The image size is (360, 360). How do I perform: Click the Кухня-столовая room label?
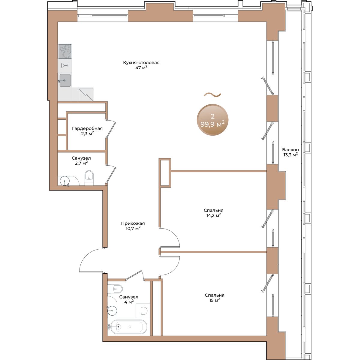pyautogui.click(x=141, y=62)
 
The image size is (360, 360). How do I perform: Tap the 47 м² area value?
pyautogui.click(x=141, y=67)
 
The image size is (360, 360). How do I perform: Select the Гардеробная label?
pyautogui.click(x=87, y=128)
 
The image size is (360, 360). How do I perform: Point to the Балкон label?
pyautogui.click(x=290, y=150)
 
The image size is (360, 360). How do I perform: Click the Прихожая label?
pyautogui.click(x=133, y=223)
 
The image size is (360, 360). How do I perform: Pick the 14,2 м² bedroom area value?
pyautogui.click(x=214, y=215)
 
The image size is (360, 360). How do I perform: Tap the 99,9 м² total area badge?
pyautogui.click(x=212, y=120)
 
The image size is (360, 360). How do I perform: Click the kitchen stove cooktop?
pyautogui.click(x=64, y=51)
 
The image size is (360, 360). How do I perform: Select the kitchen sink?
pyautogui.click(x=65, y=80)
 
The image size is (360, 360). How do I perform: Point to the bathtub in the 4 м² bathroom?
pyautogui.click(x=128, y=327)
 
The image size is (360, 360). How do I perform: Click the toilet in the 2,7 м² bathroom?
pyautogui.click(x=89, y=178)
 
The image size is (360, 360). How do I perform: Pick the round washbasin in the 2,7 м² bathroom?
pyautogui.click(x=64, y=181)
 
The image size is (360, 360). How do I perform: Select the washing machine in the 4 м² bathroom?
pyautogui.click(x=143, y=310)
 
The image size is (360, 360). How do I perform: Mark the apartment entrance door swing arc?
pyautogui.click(x=88, y=254)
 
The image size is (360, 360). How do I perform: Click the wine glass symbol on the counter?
pyautogui.click(x=64, y=65)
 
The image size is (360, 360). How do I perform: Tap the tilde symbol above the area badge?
pyautogui.click(x=212, y=95)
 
